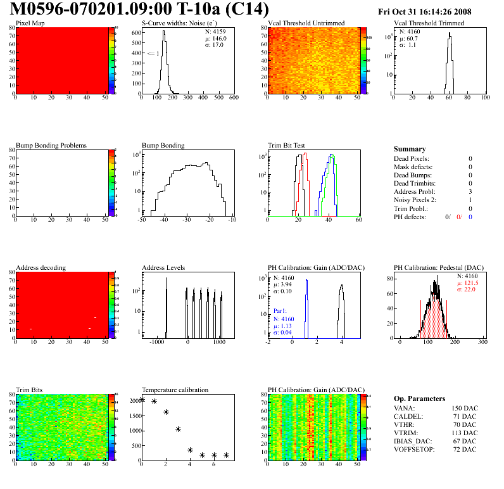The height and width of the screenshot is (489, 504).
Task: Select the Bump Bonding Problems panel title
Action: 51,145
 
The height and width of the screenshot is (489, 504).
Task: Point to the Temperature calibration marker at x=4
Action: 190,450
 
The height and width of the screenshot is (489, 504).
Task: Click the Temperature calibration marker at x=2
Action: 166,412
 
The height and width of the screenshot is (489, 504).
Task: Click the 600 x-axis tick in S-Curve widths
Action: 233,98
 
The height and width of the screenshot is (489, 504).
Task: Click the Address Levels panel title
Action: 163,267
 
